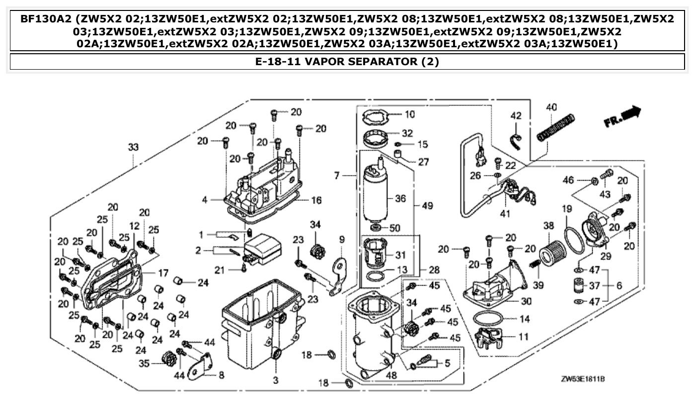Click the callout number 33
pyautogui.click(x=133, y=148)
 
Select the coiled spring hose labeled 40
pyautogui.click(x=556, y=128)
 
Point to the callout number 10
pyautogui.click(x=409, y=114)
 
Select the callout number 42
pyautogui.click(x=516, y=116)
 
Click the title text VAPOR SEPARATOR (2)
pyautogui.click(x=347, y=62)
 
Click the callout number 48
pyautogui.click(x=391, y=376)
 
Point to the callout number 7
pyautogui.click(x=337, y=176)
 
